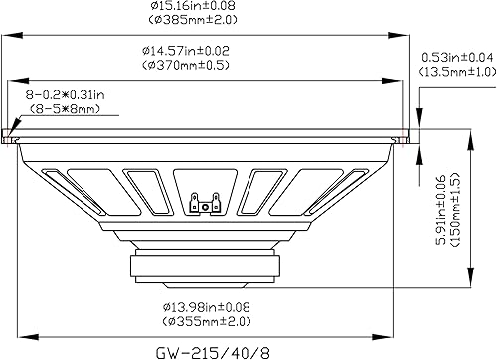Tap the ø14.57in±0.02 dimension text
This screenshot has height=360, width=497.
click(209, 50)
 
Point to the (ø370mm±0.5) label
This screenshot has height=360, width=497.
click(209, 65)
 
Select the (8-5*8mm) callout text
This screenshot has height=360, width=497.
click(62, 107)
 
